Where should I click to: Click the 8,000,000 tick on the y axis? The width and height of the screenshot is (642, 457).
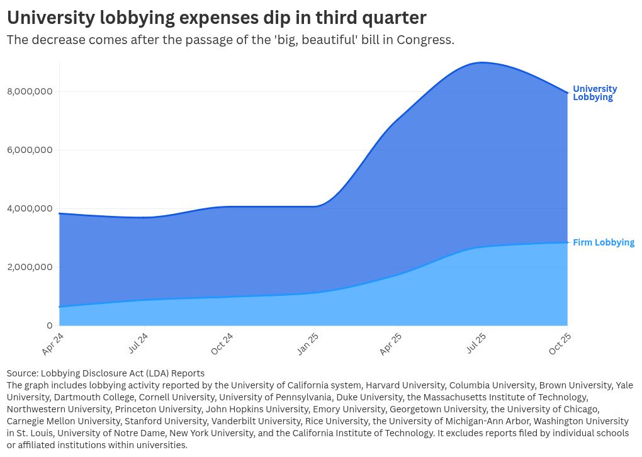pos(30,92)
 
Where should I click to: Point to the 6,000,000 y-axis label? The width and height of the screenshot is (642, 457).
pos(30,150)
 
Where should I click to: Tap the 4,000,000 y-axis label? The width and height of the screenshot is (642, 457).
pos(30,209)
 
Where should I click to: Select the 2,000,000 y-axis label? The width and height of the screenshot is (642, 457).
pos(30,267)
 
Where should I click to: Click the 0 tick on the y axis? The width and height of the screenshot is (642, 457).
pos(49,325)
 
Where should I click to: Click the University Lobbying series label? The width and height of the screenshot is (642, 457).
pos(594,93)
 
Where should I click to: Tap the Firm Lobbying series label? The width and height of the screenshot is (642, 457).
pos(603,242)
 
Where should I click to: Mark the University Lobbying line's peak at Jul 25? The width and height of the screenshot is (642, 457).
pos(482,62)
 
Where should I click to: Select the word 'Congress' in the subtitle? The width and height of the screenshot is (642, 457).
pos(426,40)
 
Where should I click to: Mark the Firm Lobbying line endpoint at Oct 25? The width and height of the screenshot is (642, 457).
pos(568,242)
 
